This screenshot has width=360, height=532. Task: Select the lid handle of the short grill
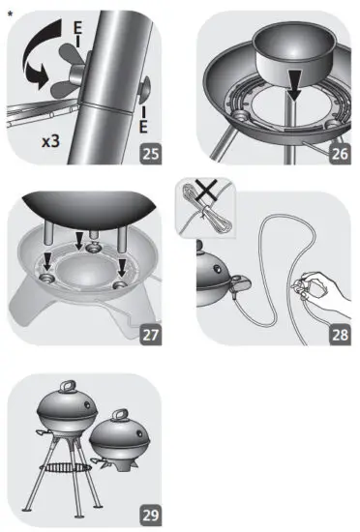tap(120, 416)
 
